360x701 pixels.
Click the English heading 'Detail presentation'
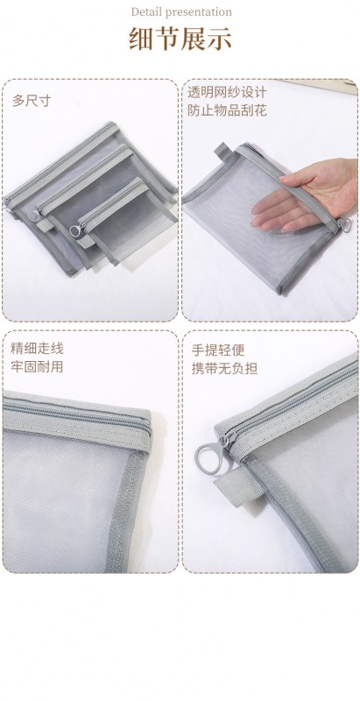pos(181,12)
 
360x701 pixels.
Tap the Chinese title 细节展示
pos(180,39)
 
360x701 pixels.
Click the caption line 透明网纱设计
pos(227,93)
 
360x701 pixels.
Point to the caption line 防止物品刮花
pos(227,111)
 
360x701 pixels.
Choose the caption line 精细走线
pos(37,348)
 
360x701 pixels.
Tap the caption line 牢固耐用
pos(37,367)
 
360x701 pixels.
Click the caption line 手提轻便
pos(218,350)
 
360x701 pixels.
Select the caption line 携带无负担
pos(224,369)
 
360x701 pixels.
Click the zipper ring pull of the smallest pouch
pos(75,230)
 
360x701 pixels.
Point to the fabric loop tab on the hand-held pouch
pos(221,150)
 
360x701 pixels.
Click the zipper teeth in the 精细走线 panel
pos(76,414)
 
